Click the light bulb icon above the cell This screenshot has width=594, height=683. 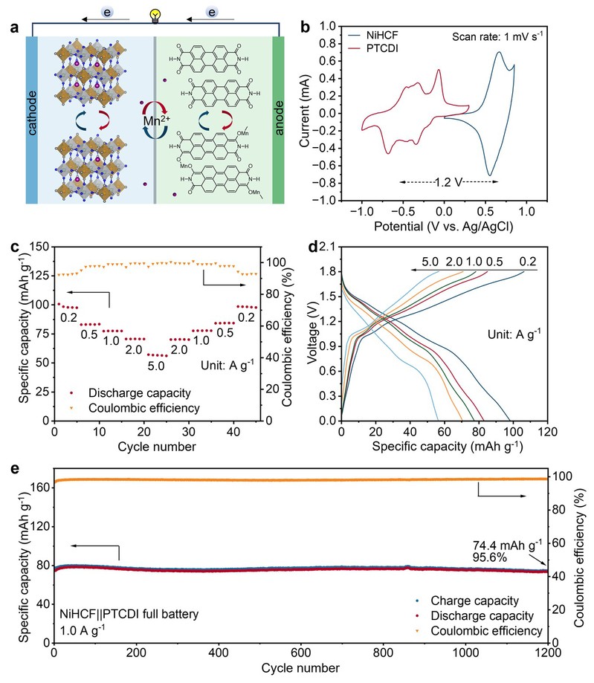pos(155,13)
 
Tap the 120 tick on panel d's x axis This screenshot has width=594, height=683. pos(548,432)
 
